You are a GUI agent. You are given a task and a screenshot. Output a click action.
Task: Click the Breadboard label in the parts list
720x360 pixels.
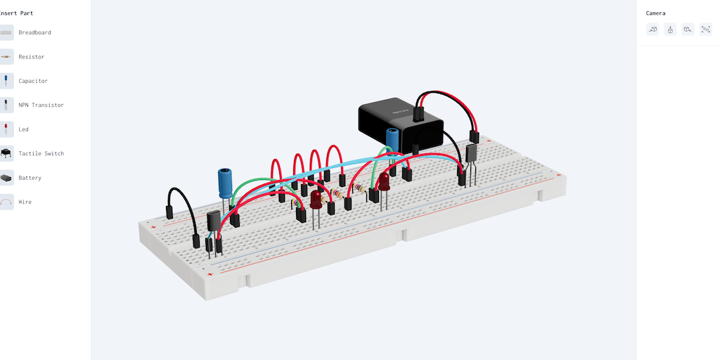point(34,32)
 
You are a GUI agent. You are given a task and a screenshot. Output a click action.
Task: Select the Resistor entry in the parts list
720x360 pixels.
point(31,57)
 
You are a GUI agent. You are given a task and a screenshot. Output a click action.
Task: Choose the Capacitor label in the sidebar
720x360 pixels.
point(33,81)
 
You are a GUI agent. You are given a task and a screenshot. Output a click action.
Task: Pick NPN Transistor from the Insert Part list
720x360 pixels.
point(41,105)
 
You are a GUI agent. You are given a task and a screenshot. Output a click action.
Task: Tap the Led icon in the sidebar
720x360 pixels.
point(6,129)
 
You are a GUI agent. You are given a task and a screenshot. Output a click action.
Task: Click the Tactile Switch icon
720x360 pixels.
point(6,153)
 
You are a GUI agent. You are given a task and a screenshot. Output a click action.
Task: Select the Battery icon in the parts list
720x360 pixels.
point(6,178)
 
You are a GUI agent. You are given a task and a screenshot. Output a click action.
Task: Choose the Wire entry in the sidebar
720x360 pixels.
point(25,202)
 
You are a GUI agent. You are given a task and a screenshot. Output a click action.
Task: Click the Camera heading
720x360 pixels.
point(655,13)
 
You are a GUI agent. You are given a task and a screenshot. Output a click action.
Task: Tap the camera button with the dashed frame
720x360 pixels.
point(706,30)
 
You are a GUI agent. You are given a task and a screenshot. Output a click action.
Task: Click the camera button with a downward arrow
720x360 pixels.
point(670,30)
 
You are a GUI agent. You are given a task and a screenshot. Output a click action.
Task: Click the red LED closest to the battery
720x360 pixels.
point(384,182)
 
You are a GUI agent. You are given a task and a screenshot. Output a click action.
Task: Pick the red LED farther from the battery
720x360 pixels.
point(316,200)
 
